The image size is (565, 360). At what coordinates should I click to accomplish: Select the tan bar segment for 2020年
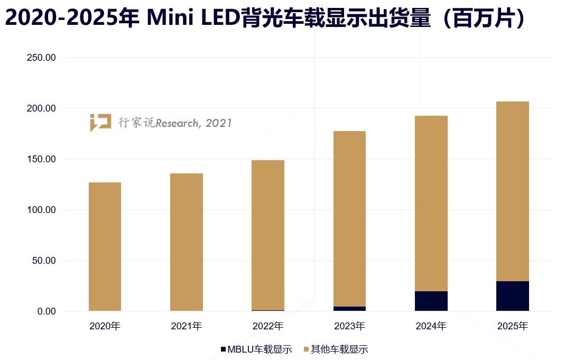[105, 246]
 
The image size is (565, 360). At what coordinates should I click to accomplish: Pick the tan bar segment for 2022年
[268, 235]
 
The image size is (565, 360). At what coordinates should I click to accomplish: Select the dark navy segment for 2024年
[431, 301]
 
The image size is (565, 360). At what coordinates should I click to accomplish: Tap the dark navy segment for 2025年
[513, 296]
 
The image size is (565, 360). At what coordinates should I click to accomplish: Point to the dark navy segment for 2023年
[349, 309]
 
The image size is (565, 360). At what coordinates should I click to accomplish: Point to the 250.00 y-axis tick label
[41, 58]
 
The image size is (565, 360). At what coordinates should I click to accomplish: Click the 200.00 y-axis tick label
[41, 108]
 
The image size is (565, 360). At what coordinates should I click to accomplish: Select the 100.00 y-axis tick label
[41, 210]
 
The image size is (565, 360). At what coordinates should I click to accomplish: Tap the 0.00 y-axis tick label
[45, 311]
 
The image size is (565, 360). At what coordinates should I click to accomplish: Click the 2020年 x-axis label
[105, 326]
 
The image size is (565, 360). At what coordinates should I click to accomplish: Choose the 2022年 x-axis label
[268, 326]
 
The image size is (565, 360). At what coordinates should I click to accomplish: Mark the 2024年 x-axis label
[431, 326]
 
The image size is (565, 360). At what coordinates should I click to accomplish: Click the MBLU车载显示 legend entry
[257, 349]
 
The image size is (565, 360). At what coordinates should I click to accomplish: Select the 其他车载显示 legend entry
[336, 349]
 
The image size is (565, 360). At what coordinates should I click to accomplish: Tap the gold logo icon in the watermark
[100, 122]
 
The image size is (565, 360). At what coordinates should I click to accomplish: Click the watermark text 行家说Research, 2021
[175, 123]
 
